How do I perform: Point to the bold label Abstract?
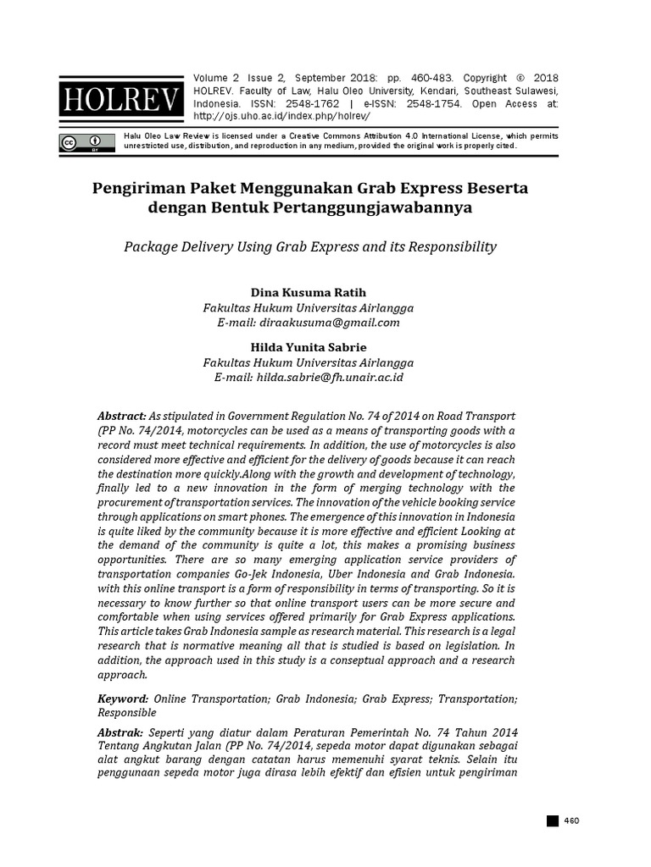(122, 417)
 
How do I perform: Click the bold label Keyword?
(123, 699)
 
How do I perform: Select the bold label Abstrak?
(121, 732)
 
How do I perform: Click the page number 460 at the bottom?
(570, 820)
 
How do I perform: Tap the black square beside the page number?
(553, 820)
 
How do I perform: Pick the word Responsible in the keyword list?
(127, 713)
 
